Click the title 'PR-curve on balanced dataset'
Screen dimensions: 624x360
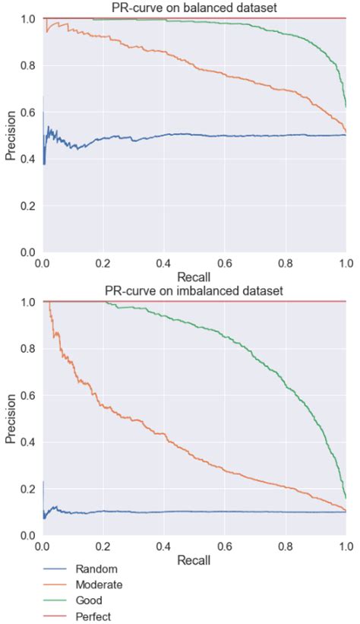194,8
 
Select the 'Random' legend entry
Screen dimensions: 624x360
91,568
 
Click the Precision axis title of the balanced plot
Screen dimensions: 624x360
11,135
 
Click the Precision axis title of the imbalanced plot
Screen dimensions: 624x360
11,419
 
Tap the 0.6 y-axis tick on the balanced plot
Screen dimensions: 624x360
28,112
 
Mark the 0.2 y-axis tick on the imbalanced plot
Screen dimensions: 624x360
28,489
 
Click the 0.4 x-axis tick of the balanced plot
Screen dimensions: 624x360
164,263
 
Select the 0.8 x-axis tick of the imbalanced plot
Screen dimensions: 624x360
286,546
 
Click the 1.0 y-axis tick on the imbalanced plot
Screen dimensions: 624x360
28,302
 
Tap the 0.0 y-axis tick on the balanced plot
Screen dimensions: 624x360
28,252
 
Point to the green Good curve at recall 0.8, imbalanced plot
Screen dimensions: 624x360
286,384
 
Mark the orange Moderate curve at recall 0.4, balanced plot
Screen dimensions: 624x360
164,52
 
